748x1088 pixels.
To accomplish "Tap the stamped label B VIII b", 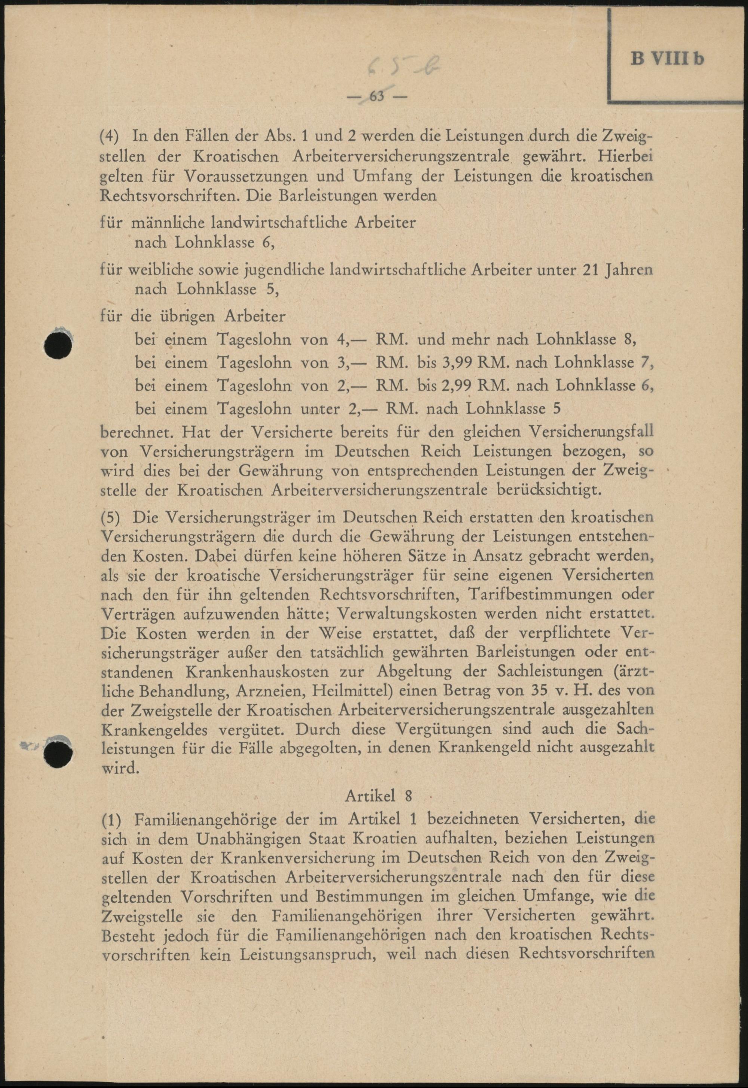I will point(668,60).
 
